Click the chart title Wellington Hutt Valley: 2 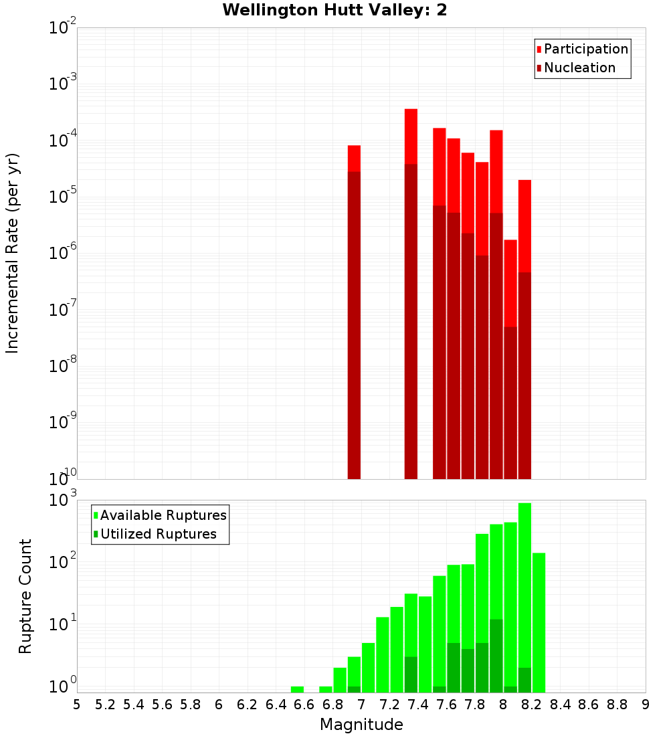pyautogui.click(x=334, y=10)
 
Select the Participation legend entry pyautogui.click(x=582, y=50)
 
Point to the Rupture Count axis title pyautogui.click(x=25, y=595)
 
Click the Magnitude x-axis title pyautogui.click(x=361, y=725)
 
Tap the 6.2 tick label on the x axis pyautogui.click(x=248, y=704)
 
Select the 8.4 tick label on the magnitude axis pyautogui.click(x=561, y=704)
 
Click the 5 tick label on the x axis pyautogui.click(x=77, y=704)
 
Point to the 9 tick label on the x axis pyautogui.click(x=646, y=704)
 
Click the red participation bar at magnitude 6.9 pyautogui.click(x=354, y=159)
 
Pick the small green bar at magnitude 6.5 pyautogui.click(x=297, y=689)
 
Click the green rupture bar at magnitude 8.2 pyautogui.click(x=539, y=622)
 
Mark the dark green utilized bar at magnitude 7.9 pyautogui.click(x=496, y=656)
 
